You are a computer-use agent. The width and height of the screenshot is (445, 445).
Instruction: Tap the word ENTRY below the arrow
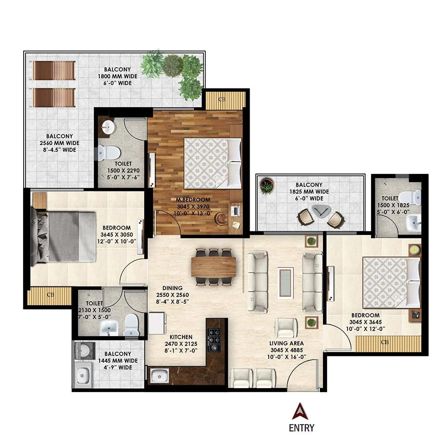[x=301, y=428]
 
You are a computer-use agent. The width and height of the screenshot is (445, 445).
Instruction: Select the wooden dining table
[x=214, y=267]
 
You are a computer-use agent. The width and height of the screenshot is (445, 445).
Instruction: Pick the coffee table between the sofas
[x=285, y=283]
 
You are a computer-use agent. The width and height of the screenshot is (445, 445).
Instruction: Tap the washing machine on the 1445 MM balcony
[x=83, y=351]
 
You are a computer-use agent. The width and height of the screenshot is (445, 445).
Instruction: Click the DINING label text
[x=170, y=288]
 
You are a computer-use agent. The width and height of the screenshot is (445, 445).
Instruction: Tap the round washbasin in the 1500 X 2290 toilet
[x=107, y=127]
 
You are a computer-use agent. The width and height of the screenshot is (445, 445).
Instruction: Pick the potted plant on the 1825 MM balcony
[x=267, y=186]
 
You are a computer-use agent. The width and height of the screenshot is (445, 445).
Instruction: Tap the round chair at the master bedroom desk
[x=220, y=218]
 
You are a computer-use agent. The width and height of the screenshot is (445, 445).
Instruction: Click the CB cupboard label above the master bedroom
[x=222, y=99]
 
